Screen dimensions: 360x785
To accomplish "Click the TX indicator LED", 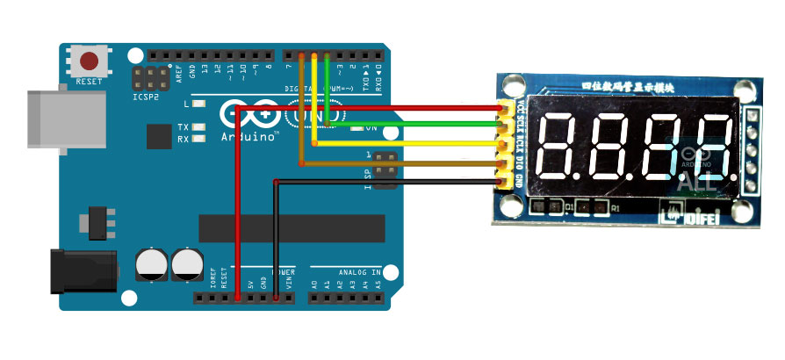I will click(x=199, y=128).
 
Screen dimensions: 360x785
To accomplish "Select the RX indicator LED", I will click(x=199, y=139).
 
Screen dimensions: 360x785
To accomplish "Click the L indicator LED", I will click(x=199, y=104).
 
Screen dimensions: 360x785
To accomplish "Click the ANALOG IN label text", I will click(x=347, y=272).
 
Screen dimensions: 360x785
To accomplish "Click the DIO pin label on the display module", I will click(x=521, y=163).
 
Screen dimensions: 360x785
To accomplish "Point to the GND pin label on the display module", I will click(x=521, y=182).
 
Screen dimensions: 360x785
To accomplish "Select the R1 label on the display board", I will click(x=616, y=209).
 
